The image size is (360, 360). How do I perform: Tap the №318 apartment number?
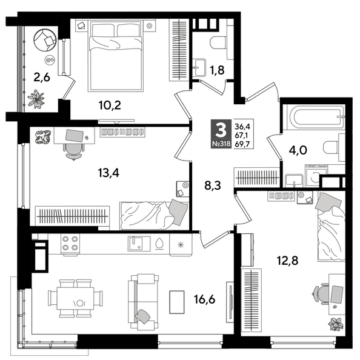tap(220, 145)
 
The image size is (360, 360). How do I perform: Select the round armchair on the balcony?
tap(45, 41)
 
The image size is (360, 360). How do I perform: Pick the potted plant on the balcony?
tap(38, 98)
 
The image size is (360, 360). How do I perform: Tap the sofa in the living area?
tap(144, 301)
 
